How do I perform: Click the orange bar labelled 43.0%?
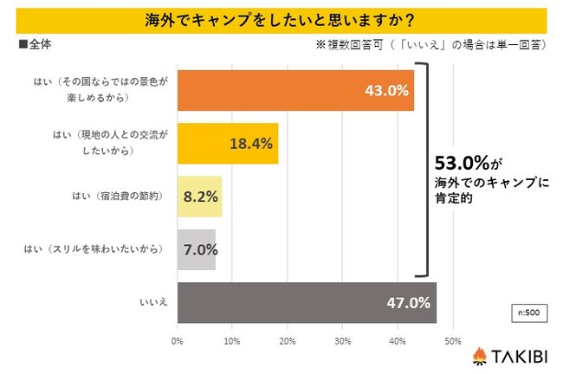294,90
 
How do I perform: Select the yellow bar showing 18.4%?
227,143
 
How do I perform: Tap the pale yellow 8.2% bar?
199,197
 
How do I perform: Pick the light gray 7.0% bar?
196,249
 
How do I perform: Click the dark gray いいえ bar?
307,303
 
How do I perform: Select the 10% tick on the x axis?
232,341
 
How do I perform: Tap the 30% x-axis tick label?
342,341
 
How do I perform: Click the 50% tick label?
452,341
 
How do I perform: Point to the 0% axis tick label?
178,341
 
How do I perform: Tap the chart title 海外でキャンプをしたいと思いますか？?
281,18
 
